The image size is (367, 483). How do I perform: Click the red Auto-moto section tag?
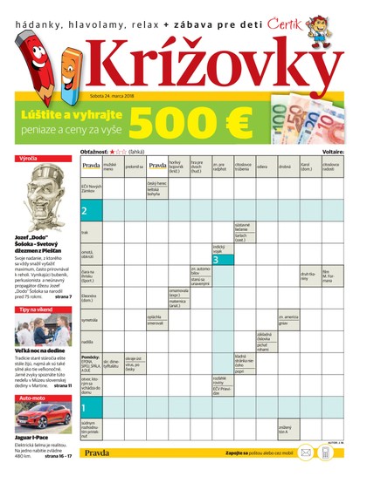coord(33,398)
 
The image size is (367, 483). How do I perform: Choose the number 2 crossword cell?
coord(86,211)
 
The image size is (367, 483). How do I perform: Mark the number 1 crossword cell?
coord(86,406)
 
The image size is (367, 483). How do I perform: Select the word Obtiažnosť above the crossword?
coord(96,151)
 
